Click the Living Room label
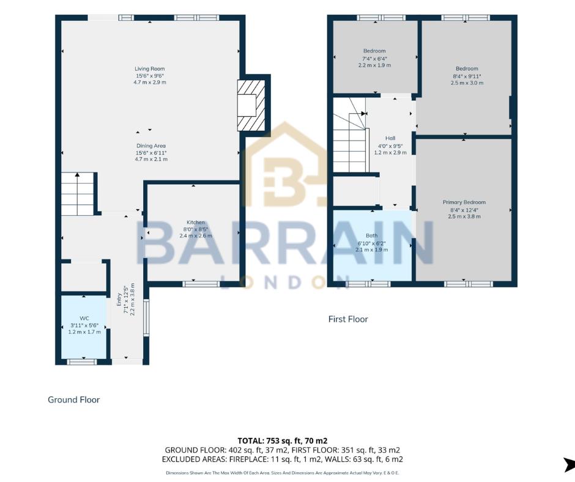pyautogui.click(x=150, y=69)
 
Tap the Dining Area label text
pyautogui.click(x=151, y=146)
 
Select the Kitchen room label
pyautogui.click(x=196, y=222)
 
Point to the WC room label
pyautogui.click(x=84, y=318)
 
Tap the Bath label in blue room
pyautogui.click(x=371, y=235)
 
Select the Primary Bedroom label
pyautogui.click(x=464, y=202)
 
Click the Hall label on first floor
pyautogui.click(x=390, y=138)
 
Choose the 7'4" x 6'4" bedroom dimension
pyautogui.click(x=374, y=58)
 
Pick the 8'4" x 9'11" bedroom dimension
pyautogui.click(x=467, y=76)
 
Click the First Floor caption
pyautogui.click(x=348, y=319)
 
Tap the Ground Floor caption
pyautogui.click(x=73, y=399)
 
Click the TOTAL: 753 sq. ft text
pyautogui.click(x=282, y=440)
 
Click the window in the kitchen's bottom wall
pyautogui.click(x=201, y=283)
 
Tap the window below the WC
pyautogui.click(x=82, y=362)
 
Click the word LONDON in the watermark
pyautogui.click(x=282, y=281)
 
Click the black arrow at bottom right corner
pyautogui.click(x=569, y=464)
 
